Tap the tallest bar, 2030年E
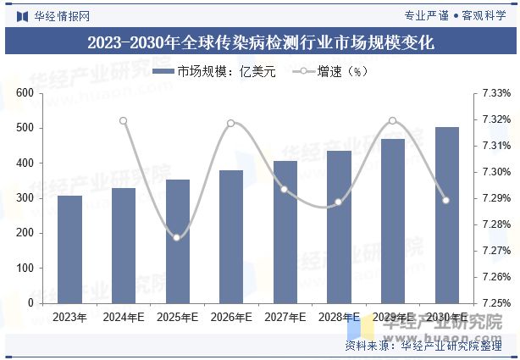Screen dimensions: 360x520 446,215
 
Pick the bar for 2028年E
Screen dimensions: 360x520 339,227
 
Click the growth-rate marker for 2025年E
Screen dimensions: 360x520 177,237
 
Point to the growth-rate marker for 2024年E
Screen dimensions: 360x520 124,121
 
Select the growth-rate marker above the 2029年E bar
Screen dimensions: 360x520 392,121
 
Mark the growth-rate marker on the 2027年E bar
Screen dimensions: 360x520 285,190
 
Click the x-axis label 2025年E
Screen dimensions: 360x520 177,318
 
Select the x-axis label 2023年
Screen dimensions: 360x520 70,318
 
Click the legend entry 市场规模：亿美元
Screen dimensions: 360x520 215,72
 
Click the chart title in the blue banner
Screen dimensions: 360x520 260,43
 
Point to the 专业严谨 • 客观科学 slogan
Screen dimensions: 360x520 454,15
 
